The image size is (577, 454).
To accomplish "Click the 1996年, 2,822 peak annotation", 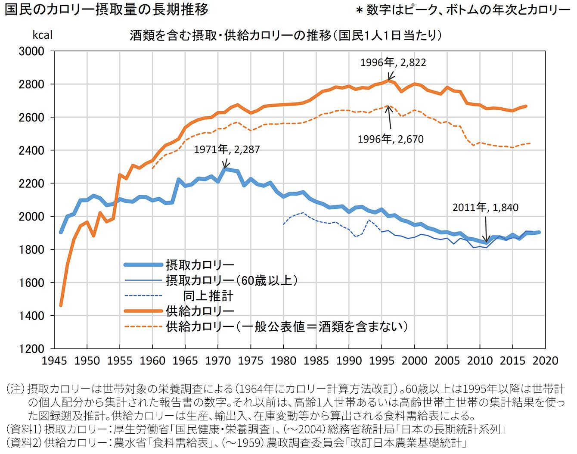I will point(393,62).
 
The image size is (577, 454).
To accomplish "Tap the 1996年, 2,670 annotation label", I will point(391,139).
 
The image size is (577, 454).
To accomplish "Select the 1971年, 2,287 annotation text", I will point(227,149).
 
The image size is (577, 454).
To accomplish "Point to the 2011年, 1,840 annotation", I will point(485,207).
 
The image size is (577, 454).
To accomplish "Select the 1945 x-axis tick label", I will point(54,361).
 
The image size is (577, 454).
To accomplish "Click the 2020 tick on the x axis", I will point(545,361).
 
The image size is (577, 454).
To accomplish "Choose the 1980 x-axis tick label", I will point(283,361).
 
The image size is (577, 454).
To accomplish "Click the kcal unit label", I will point(42,35).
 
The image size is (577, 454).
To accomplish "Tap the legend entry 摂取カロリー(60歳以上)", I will point(232,280).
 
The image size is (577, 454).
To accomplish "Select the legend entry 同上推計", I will point(208,296).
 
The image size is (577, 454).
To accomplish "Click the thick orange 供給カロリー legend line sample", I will point(143,311).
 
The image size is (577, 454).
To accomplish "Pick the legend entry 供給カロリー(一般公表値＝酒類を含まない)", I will point(286,327).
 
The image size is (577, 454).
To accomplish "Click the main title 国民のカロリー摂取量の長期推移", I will point(106,9).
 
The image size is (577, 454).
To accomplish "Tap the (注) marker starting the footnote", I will point(16,389).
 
